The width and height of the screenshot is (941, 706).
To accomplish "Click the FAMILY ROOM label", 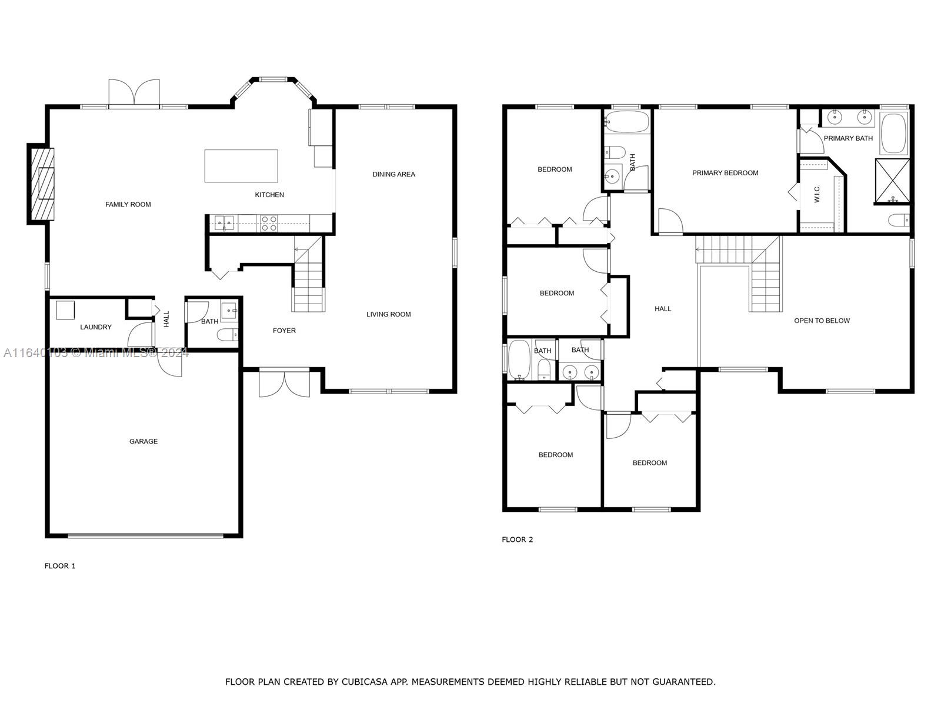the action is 128,205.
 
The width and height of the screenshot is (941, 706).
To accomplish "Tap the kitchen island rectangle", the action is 241,166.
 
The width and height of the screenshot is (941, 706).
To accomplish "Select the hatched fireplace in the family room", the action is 42,184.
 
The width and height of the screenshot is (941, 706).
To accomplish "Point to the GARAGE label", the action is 143,441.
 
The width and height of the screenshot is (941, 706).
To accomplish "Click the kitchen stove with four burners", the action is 269,224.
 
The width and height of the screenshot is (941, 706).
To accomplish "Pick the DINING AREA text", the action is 393,174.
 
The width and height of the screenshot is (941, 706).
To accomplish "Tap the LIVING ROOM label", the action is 388,314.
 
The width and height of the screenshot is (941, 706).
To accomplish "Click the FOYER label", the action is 284,331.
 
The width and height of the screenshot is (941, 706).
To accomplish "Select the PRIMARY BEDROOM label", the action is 725,173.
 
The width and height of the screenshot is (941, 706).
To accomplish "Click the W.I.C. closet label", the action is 817,194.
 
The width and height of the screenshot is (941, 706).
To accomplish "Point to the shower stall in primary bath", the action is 892,181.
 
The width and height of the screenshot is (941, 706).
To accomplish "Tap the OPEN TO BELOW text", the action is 822,321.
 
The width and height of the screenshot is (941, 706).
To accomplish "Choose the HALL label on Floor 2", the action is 662,309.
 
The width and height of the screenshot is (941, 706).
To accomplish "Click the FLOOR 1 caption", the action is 60,566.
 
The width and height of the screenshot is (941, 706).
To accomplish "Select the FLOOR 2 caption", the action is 518,540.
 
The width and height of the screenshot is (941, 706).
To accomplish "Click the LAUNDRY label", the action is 96,327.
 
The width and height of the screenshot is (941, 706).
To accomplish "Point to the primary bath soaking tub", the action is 893,133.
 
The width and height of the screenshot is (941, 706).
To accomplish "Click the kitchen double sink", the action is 224,223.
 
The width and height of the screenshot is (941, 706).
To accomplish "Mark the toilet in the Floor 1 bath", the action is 227,334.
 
